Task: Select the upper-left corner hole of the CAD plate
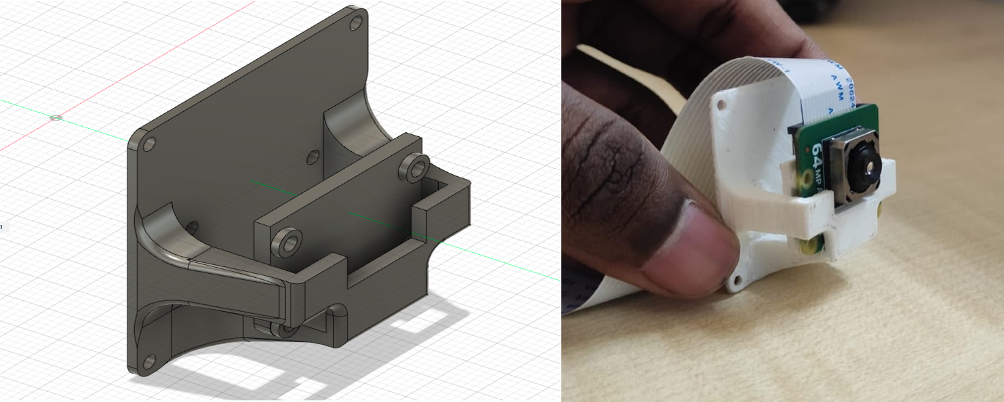point(149,144)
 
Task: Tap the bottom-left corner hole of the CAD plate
point(150,361)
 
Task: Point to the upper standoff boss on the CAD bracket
point(416,166)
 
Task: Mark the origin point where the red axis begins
point(56,118)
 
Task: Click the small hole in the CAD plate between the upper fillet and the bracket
point(313,157)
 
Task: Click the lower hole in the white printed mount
point(736,279)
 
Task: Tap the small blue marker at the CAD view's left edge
point(2,226)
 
